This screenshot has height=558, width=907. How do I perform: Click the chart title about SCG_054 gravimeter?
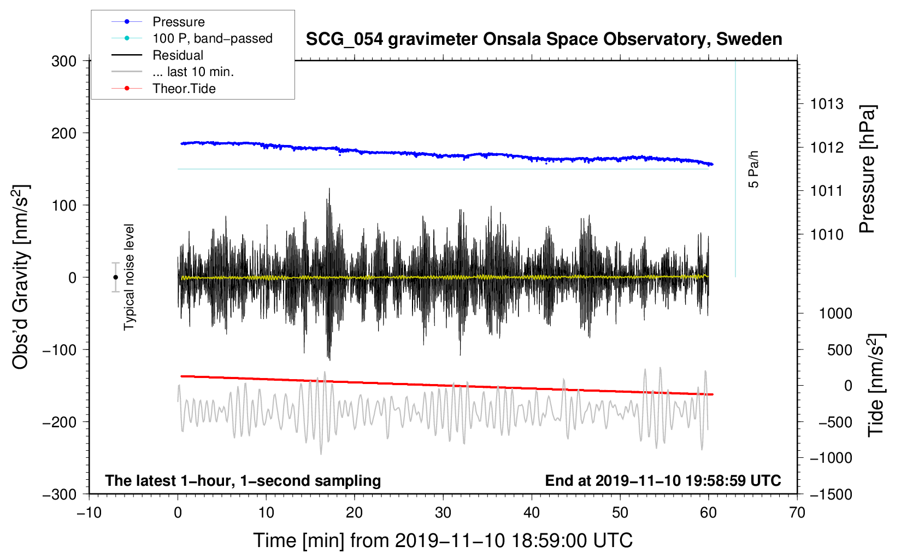coord(544,39)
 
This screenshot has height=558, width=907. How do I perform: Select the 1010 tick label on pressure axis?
coord(827,234)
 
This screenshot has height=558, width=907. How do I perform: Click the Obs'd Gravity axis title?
coord(21,277)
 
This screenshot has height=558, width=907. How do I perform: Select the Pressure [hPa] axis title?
coord(867,170)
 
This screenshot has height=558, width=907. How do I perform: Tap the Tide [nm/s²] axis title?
coord(876,385)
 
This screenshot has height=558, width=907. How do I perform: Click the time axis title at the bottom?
coord(443,541)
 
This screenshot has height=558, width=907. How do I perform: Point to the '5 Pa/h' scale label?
coord(753,170)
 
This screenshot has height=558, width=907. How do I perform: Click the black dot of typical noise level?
coord(115,277)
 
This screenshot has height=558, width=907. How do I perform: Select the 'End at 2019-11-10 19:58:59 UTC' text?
coord(663,480)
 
